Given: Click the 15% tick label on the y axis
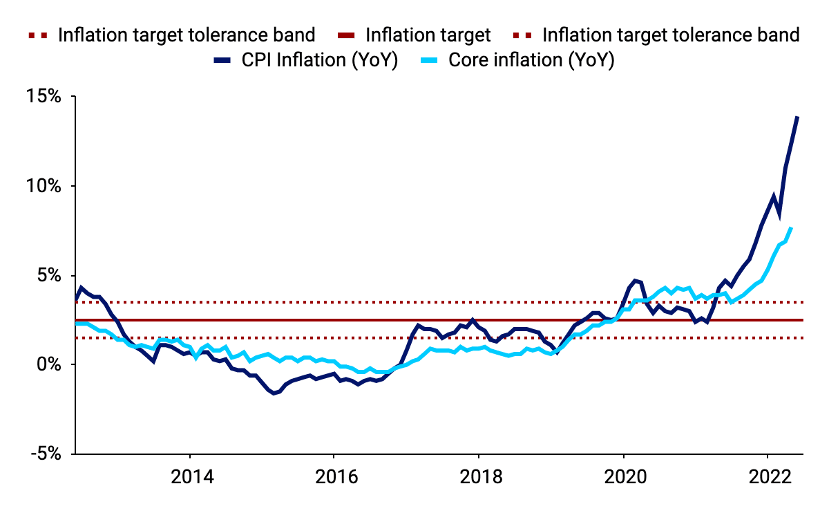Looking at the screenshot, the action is pos(44,96).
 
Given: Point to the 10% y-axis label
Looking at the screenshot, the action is pos(44,185).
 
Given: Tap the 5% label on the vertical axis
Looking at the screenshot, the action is pos(49,275).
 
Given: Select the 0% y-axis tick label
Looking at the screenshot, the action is pos(49,364).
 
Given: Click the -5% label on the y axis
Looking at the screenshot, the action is pos(46,454).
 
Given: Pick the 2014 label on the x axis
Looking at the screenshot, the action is pos(193,476).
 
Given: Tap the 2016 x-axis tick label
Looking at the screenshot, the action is pos(337,476).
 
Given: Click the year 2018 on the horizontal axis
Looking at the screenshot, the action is pos(481,476).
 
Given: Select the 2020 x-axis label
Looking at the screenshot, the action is pos(625,476).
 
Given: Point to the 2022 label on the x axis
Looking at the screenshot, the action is pos(770,476).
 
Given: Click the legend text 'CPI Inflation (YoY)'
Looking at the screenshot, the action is pos(320,60).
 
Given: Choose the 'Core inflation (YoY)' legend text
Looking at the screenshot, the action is pos(531,60).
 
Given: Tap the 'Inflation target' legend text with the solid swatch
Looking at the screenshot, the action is pos(428,35).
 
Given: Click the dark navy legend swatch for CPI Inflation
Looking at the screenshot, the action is pos(222,60).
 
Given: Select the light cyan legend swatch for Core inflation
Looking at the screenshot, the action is pos(429,60).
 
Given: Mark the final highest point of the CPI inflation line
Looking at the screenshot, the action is pos(797,117).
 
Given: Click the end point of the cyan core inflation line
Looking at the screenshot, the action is pos(791,227).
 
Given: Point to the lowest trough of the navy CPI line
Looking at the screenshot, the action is pos(274,393).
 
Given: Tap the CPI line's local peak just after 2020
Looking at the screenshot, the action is pos(635,281).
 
